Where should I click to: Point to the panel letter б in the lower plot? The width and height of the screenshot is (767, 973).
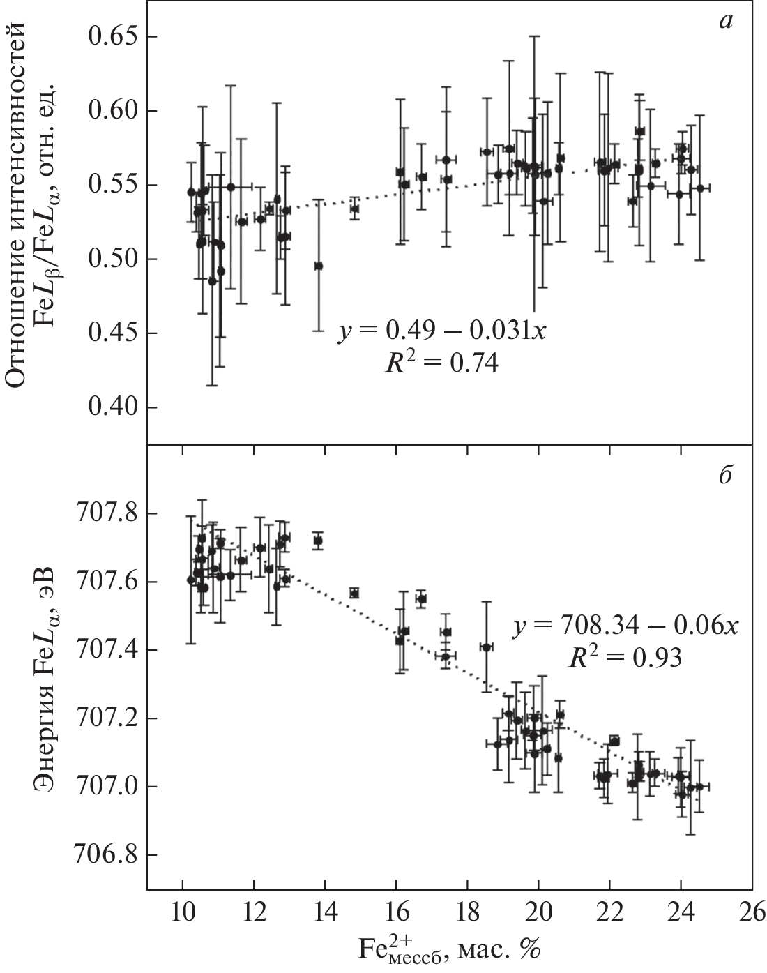click(x=725, y=479)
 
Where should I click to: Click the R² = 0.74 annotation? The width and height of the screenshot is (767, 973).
click(x=443, y=363)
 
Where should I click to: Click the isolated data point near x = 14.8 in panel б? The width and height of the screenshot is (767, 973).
click(x=354, y=593)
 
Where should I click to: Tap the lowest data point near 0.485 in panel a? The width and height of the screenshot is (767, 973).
click(x=212, y=281)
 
